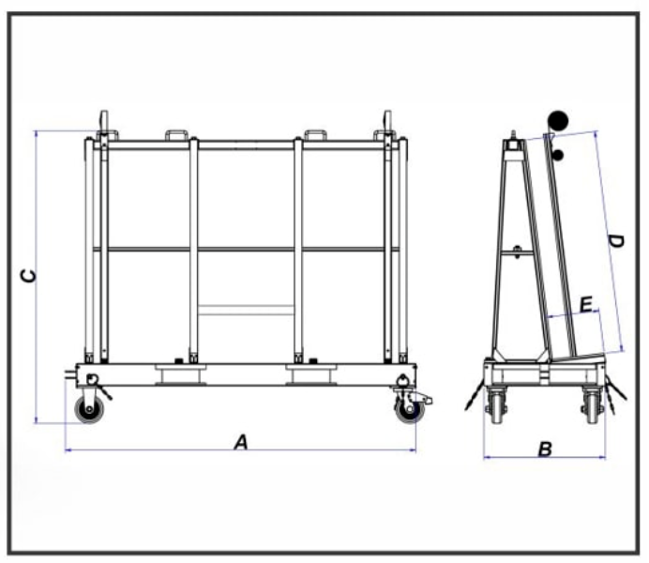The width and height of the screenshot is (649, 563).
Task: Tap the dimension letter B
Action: pyautogui.click(x=544, y=449)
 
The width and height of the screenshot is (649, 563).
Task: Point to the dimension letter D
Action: pyautogui.click(x=615, y=241)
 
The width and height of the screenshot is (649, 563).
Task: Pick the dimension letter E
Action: pyautogui.click(x=585, y=305)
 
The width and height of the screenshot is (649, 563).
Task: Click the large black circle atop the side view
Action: pyautogui.click(x=558, y=119)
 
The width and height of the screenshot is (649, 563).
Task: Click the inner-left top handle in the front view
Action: pyautogui.click(x=178, y=135)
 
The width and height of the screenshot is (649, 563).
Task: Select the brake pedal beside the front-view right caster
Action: pyautogui.click(x=426, y=401)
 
